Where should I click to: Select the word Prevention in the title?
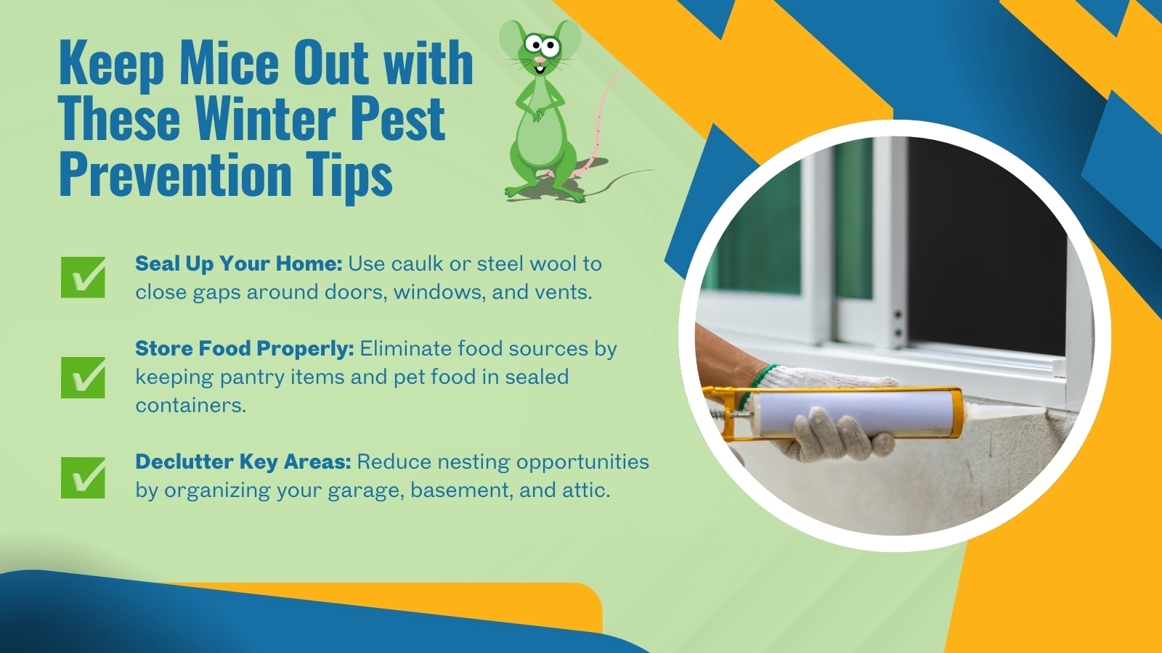(x=175, y=175)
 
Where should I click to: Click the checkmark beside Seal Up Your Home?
(x=83, y=277)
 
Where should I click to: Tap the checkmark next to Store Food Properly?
(x=83, y=377)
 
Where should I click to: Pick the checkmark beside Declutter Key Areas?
(x=83, y=477)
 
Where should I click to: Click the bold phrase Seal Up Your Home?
(x=238, y=264)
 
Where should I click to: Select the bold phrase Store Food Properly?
(x=244, y=349)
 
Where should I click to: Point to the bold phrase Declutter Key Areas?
(x=243, y=462)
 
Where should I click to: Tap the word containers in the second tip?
(x=190, y=406)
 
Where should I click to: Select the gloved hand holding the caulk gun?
(x=835, y=435)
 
